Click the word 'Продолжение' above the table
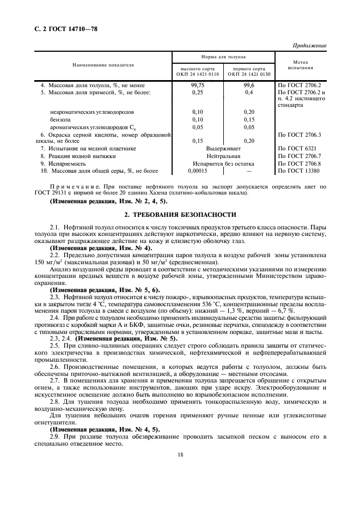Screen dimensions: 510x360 coord(310,45)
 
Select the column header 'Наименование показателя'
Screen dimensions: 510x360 coord(103,65)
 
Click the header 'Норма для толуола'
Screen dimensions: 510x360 coord(224,57)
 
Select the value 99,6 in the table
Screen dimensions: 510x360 coord(249,86)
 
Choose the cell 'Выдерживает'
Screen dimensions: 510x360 coord(224,148)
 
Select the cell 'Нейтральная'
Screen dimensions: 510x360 coord(224,156)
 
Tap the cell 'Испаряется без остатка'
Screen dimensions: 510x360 coord(224,163)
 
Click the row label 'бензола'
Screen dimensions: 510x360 coord(60,119)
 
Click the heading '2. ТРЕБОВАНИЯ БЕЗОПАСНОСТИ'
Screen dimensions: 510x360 coord(180,215)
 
